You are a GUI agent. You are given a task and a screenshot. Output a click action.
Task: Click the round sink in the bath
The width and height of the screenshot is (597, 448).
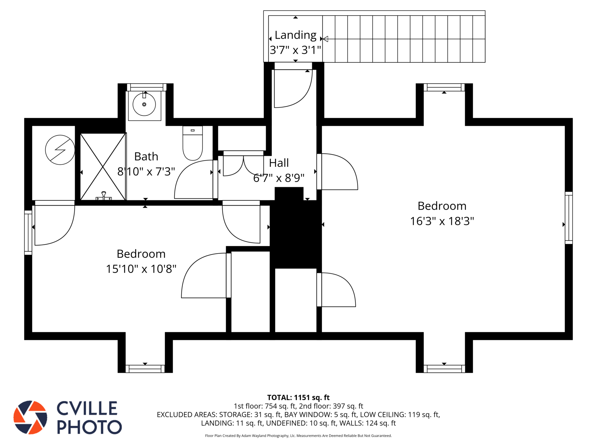[144, 104]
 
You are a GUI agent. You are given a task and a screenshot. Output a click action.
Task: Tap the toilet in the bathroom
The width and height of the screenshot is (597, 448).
[192, 143]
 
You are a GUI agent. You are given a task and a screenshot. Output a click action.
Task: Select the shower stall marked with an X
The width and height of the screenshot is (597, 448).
[103, 167]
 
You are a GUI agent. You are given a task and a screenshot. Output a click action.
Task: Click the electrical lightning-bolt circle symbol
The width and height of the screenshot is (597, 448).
[60, 150]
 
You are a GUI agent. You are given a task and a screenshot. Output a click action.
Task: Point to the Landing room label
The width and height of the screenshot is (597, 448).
[296, 35]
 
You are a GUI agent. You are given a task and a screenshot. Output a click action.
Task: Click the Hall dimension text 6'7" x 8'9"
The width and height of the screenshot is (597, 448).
[279, 178]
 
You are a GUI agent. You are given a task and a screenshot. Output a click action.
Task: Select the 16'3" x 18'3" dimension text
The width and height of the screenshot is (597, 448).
[442, 221]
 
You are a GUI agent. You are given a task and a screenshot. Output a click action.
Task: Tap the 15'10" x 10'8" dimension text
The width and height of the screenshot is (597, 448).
[141, 269]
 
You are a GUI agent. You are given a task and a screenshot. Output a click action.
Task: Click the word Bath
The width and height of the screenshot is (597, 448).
[146, 157]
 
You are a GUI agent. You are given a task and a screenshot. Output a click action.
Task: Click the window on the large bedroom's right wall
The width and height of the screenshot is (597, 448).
[569, 218]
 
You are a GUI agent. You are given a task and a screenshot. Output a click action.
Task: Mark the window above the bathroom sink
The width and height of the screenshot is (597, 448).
[147, 87]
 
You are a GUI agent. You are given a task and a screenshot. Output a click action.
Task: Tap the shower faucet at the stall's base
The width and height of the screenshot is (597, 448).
[103, 196]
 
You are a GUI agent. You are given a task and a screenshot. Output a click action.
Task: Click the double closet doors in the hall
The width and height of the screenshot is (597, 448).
[243, 165]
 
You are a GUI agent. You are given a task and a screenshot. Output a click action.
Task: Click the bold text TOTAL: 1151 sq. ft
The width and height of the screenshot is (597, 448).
[298, 398]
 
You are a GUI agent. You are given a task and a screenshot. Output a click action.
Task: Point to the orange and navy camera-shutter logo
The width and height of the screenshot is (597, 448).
[30, 417]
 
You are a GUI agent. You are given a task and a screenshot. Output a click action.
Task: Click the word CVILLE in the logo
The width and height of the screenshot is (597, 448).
[87, 408]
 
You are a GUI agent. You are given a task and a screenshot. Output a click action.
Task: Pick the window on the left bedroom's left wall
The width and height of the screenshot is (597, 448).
[28, 232]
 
